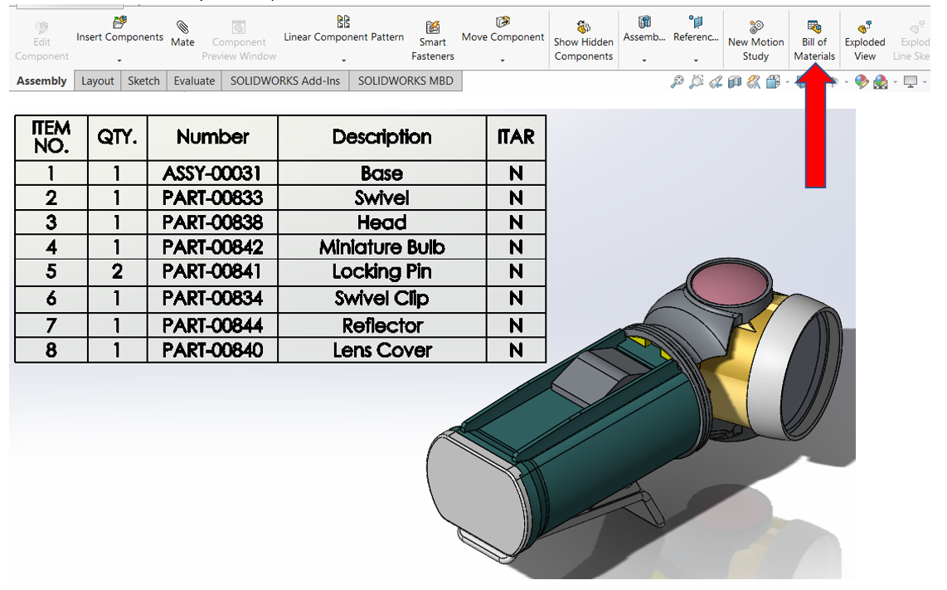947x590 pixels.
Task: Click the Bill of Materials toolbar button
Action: tap(813, 40)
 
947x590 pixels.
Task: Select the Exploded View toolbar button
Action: tap(864, 40)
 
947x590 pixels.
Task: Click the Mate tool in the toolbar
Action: tap(182, 35)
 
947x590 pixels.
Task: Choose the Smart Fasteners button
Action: tap(432, 40)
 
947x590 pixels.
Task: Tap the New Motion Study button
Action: tap(755, 40)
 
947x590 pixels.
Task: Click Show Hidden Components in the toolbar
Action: tap(584, 40)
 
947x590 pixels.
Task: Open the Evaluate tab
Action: tap(194, 80)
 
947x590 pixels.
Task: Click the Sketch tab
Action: tap(143, 80)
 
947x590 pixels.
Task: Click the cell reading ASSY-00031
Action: tap(212, 173)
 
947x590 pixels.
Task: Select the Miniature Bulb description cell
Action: tap(381, 247)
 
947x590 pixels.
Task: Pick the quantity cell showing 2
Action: tap(117, 272)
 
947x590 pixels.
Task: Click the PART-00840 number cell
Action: tap(212, 350)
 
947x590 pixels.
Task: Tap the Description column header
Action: tap(381, 137)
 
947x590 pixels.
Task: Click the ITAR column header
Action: tap(516, 137)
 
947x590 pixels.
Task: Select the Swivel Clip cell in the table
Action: tap(381, 298)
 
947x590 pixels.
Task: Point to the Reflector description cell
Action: tap(381, 325)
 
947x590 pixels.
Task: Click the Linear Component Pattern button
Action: tap(343, 37)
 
